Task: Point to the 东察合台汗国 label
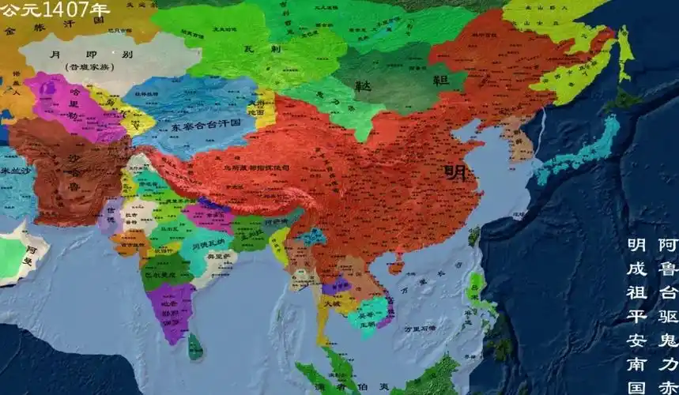(x=187, y=127)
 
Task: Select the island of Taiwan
(x=474, y=235)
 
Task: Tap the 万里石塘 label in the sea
(x=420, y=327)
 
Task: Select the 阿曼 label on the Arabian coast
(x=28, y=256)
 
